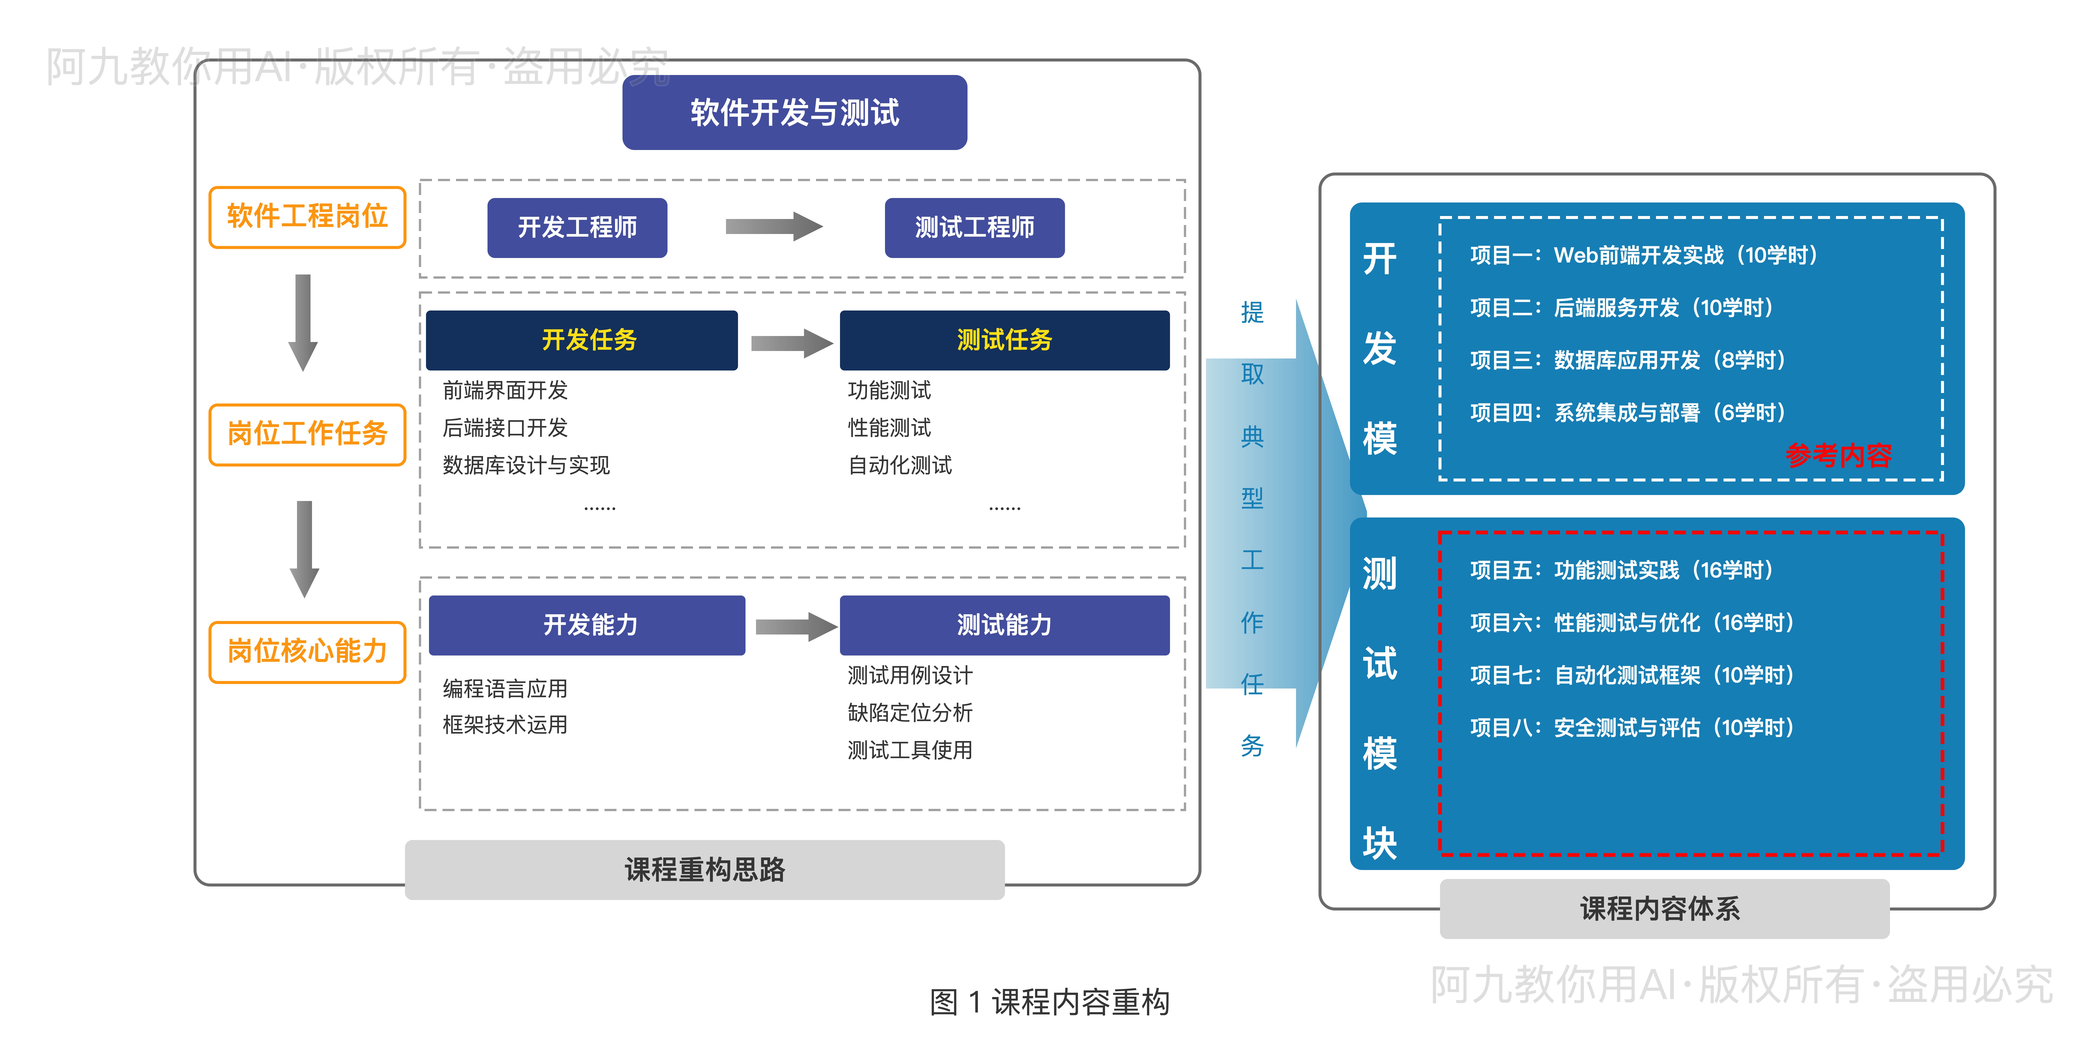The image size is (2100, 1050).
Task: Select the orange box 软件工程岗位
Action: [x=307, y=217]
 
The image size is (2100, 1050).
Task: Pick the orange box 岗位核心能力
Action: [x=307, y=651]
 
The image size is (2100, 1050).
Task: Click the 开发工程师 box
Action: [x=577, y=227]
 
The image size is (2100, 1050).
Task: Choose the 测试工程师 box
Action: [x=974, y=227]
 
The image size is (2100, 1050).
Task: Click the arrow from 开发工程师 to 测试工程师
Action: [x=773, y=227]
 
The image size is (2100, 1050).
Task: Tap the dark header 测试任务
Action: [x=1004, y=340]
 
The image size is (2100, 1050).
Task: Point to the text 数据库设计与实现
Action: [x=526, y=465]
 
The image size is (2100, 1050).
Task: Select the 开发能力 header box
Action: [x=587, y=625]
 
